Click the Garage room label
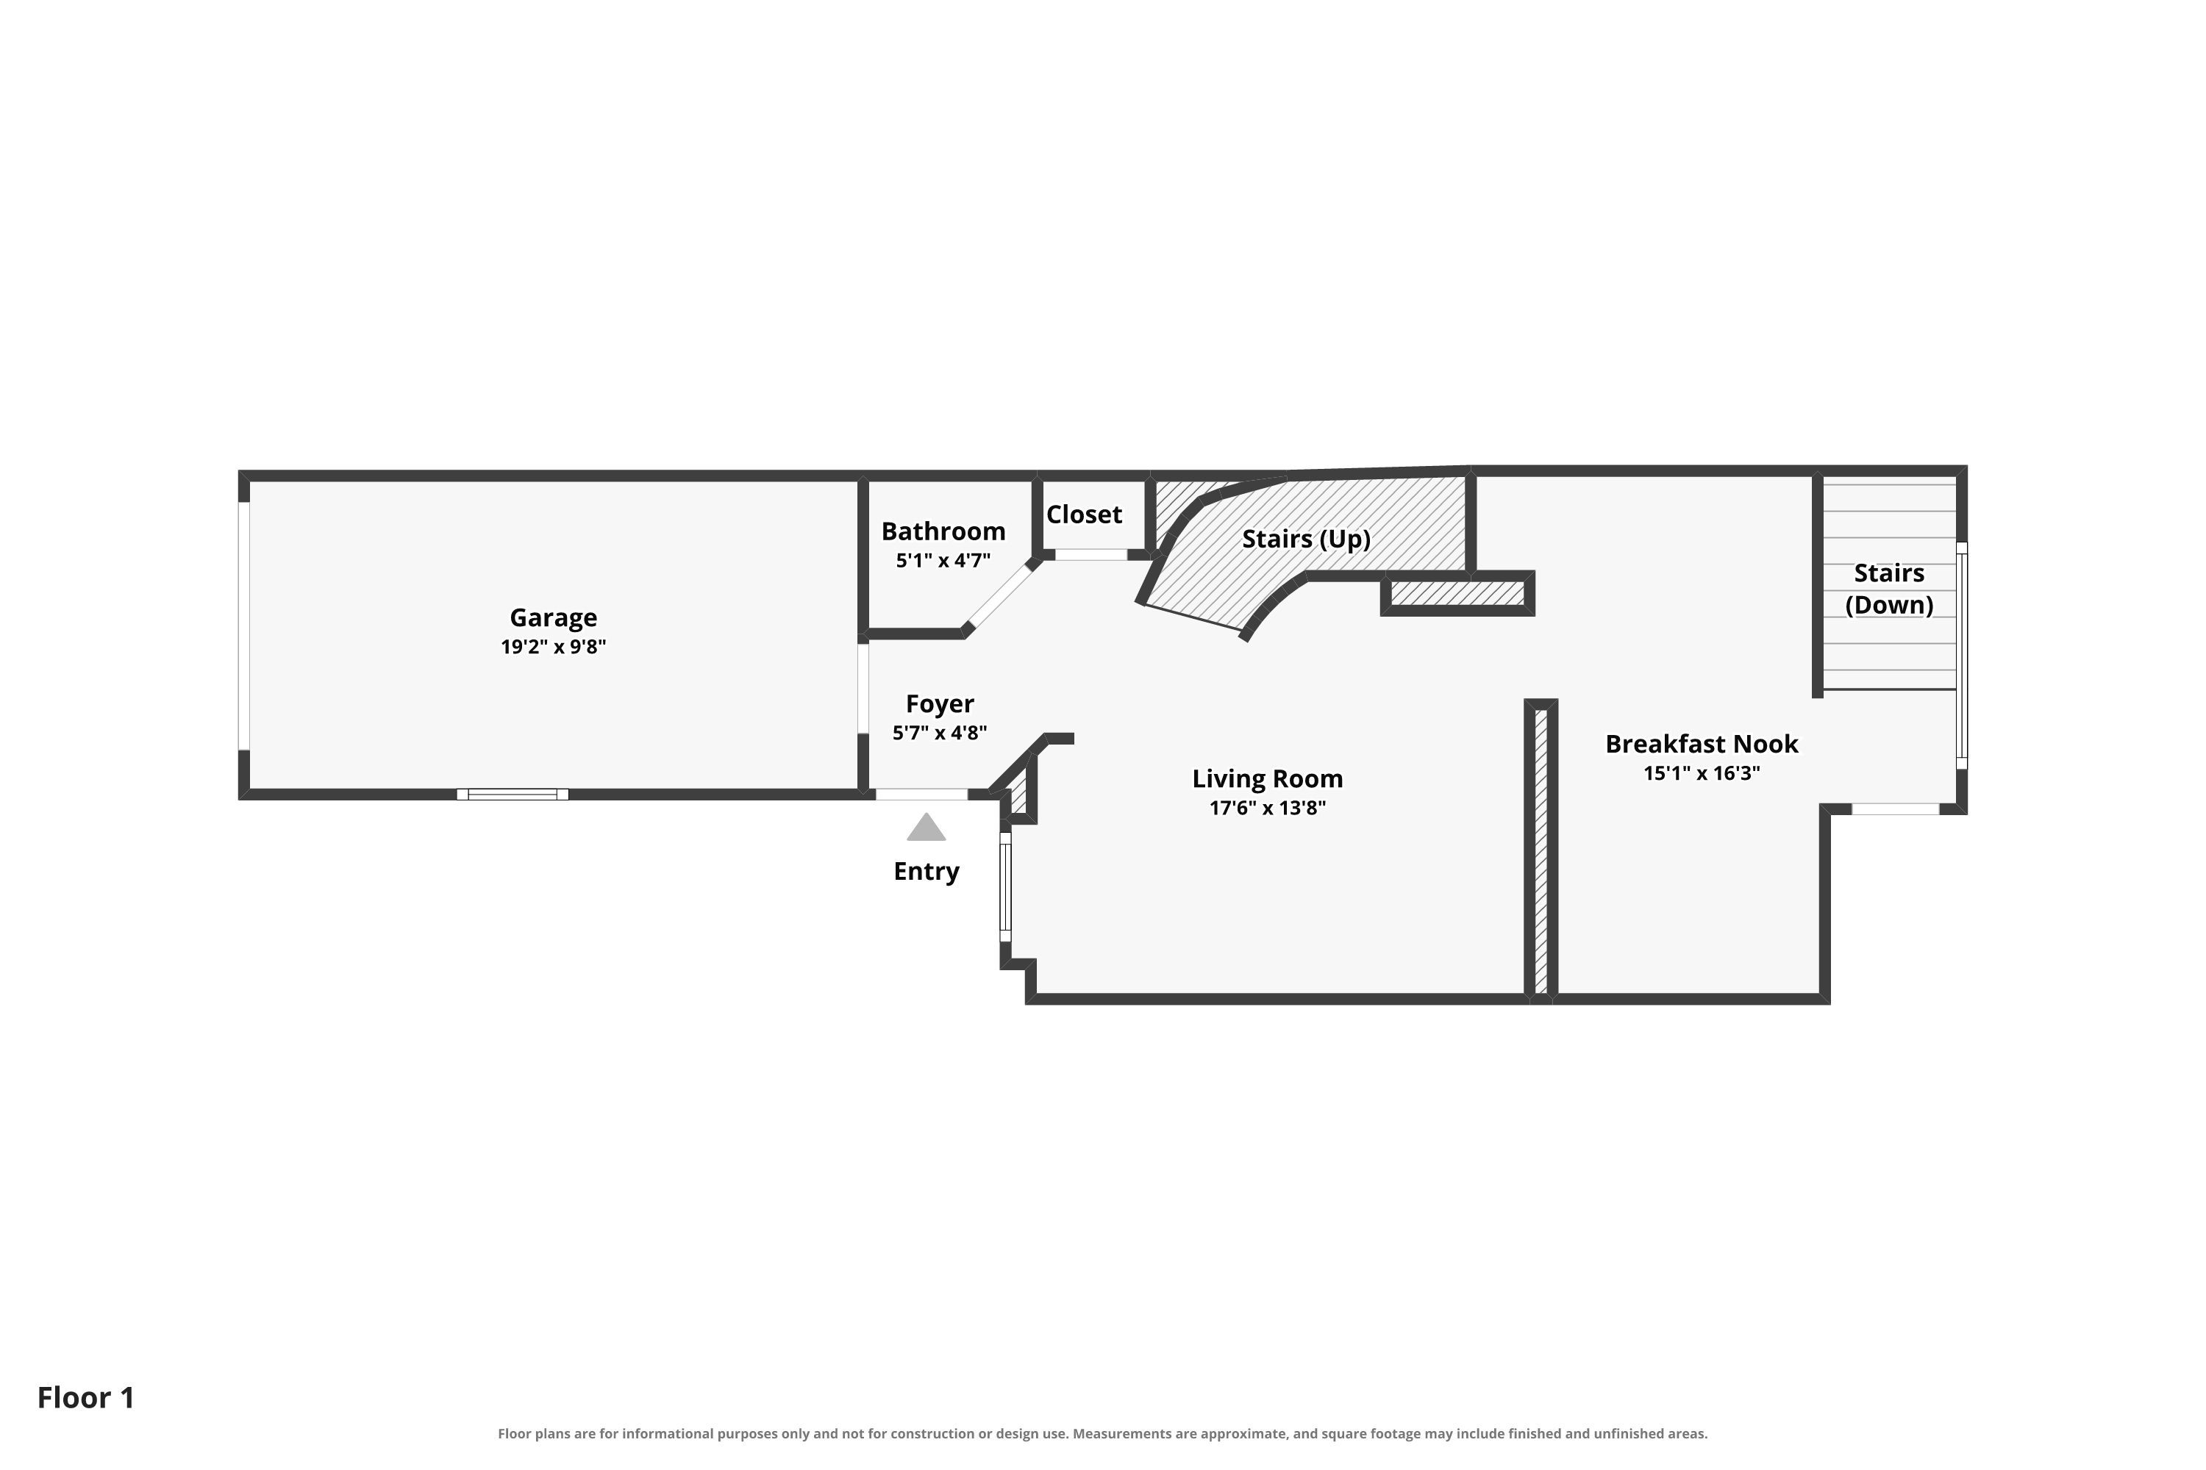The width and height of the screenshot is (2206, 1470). [x=554, y=618]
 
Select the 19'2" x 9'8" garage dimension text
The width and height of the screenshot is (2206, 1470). [x=554, y=647]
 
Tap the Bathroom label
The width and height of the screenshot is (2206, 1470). [x=943, y=531]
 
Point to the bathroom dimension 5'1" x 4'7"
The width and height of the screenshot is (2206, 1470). [x=943, y=561]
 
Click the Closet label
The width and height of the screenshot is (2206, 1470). [x=1084, y=514]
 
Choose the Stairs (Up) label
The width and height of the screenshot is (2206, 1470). [x=1307, y=539]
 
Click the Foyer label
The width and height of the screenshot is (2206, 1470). [x=940, y=704]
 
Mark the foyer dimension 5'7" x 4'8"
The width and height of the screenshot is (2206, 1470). [x=940, y=733]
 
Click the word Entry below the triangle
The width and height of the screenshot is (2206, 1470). [x=927, y=872]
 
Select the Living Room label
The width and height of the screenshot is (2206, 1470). [x=1268, y=779]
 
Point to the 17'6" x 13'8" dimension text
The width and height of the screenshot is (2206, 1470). [x=1268, y=808]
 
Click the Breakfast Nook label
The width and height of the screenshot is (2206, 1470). [x=1702, y=745]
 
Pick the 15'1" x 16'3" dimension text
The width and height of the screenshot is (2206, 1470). [x=1702, y=773]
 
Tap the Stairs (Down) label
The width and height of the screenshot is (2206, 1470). [x=1889, y=589]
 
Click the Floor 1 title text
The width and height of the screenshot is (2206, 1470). [x=86, y=1398]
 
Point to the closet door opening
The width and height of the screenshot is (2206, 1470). [x=1090, y=555]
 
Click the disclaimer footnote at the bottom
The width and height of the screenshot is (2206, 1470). [x=1103, y=1435]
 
